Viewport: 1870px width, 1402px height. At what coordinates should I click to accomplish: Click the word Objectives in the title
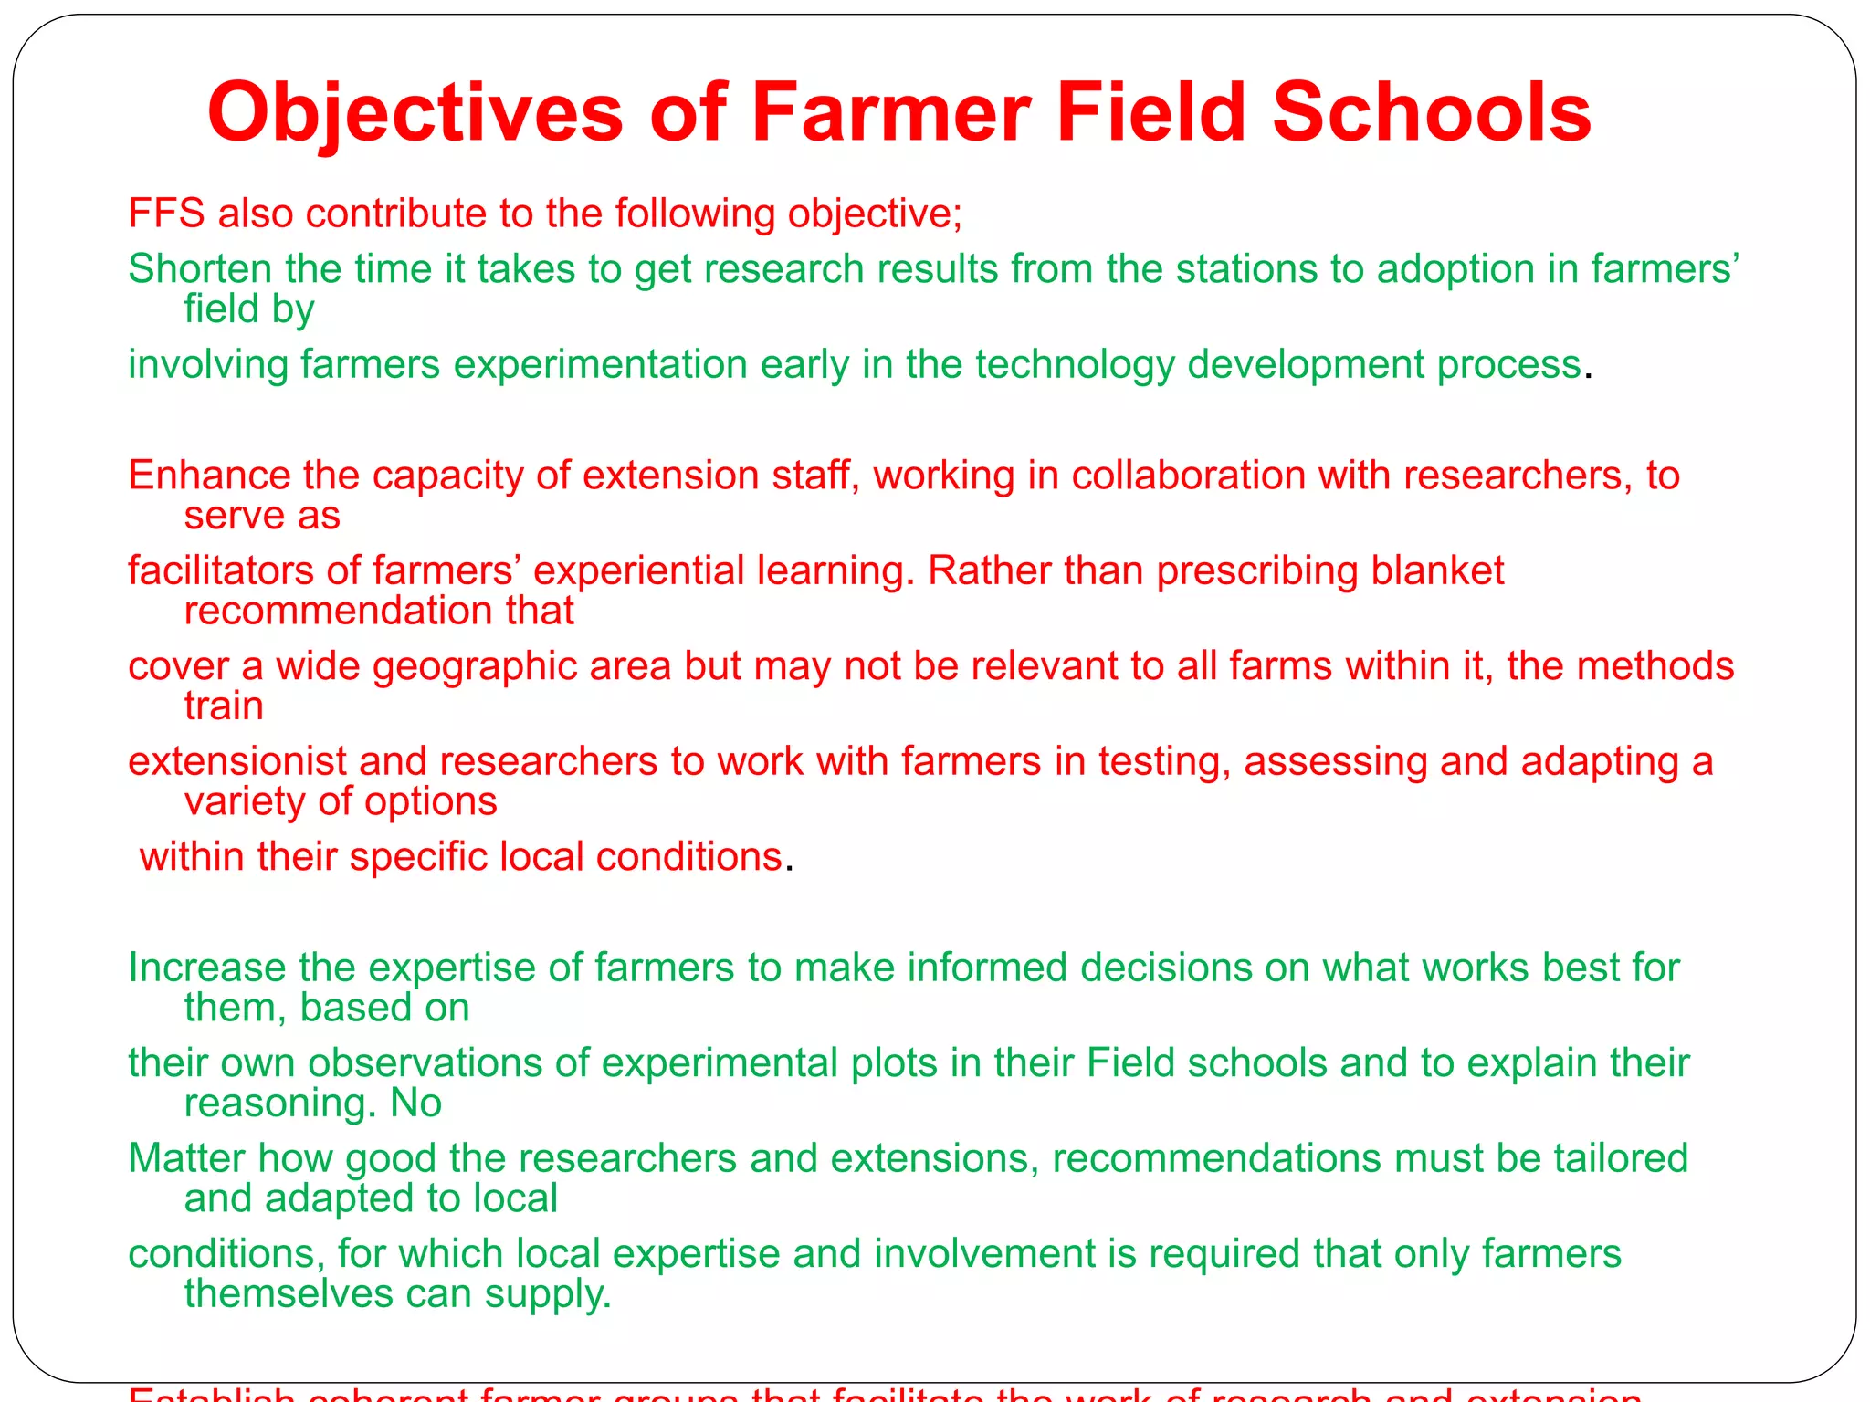[415, 113]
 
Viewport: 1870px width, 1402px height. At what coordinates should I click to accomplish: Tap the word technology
[1074, 365]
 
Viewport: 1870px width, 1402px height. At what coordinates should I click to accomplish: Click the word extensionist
[237, 761]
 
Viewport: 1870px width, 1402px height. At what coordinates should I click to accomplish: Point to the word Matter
[186, 1158]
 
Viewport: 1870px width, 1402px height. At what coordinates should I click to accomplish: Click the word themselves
[289, 1294]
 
